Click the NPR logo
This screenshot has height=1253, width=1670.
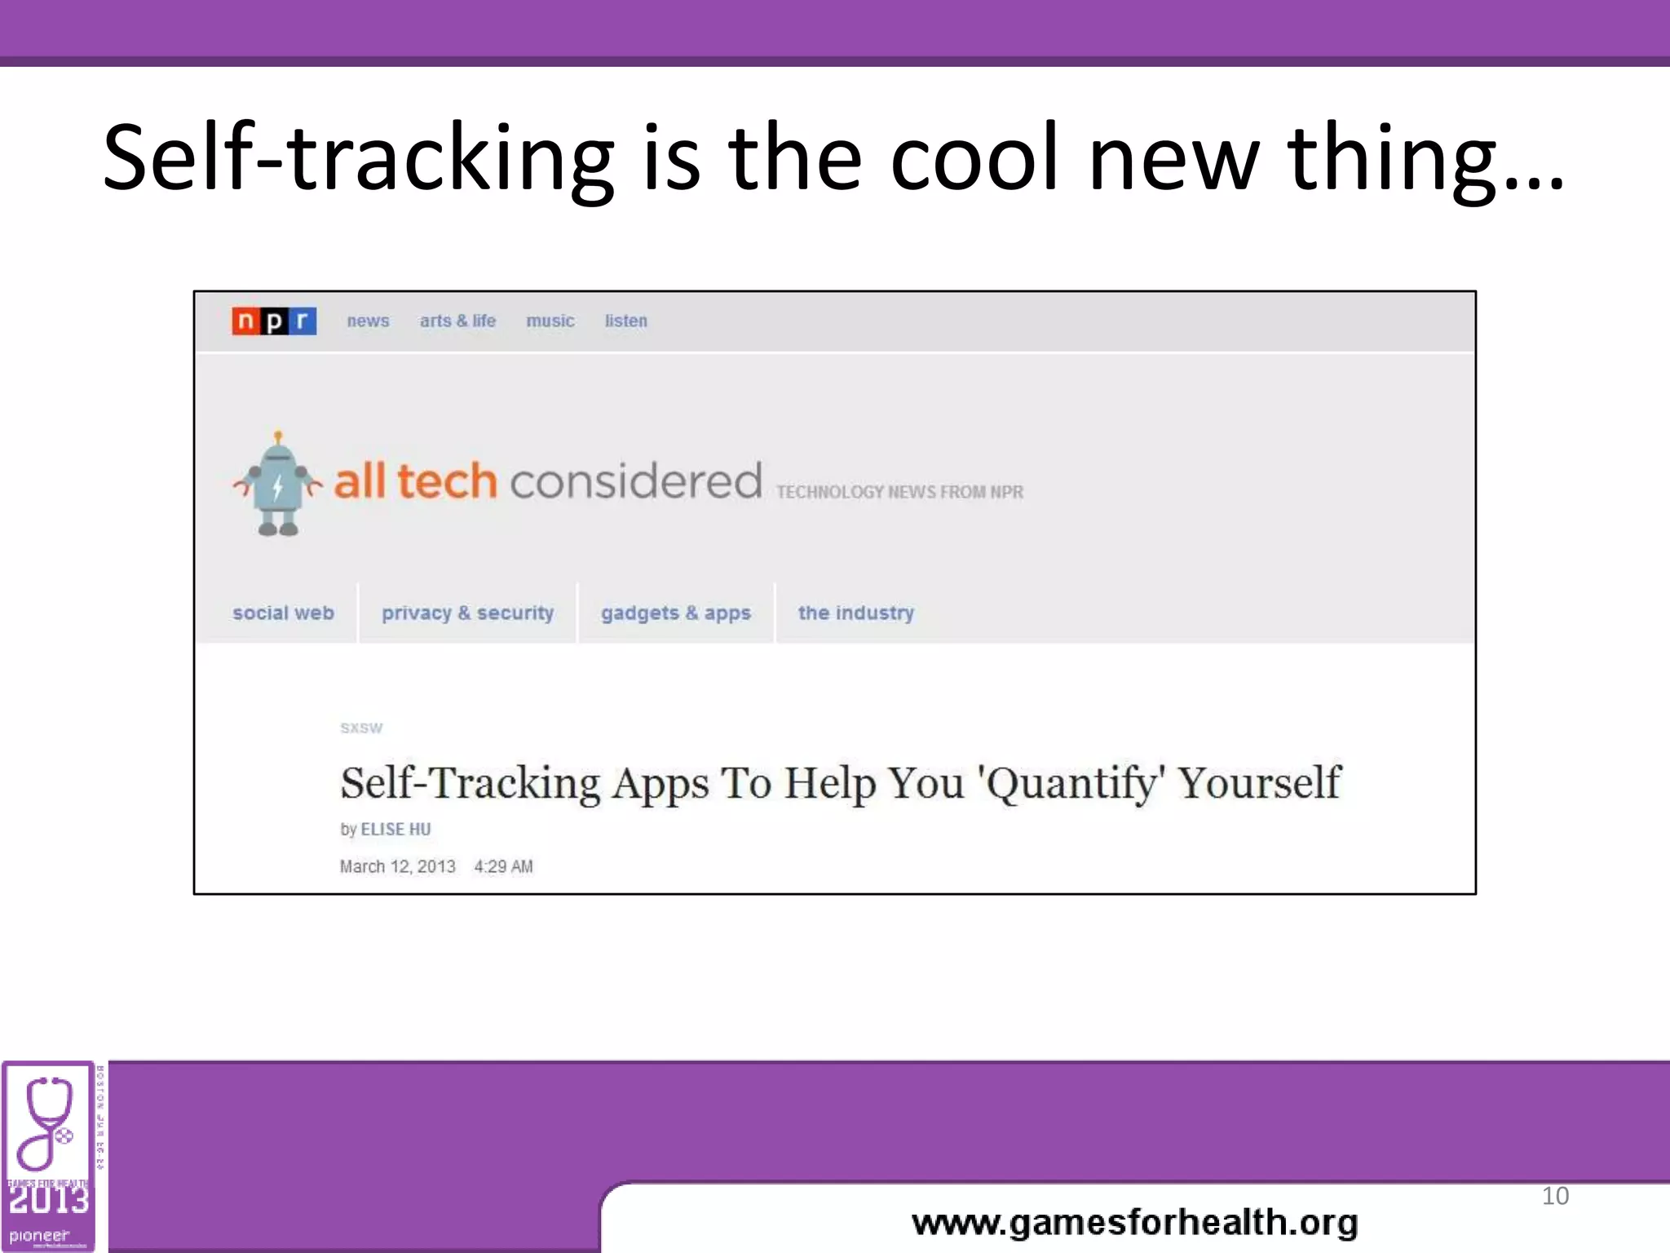coord(274,321)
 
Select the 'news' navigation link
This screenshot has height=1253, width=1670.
coord(368,321)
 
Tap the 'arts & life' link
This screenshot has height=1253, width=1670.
coord(457,321)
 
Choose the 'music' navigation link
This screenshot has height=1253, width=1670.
coord(550,321)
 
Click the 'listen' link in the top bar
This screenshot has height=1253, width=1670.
coord(626,321)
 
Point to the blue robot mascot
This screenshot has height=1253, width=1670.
coord(278,485)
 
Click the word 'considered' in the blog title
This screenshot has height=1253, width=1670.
coord(636,481)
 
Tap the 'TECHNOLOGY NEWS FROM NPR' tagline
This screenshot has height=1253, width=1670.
coord(899,492)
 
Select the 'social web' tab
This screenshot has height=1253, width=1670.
coord(283,613)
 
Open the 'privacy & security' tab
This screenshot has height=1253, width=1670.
coord(467,613)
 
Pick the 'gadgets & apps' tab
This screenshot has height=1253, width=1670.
coord(676,613)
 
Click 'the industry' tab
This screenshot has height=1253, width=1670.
coord(856,613)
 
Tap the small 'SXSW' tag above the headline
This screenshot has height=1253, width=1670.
coord(361,728)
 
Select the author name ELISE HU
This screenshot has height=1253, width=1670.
coord(395,829)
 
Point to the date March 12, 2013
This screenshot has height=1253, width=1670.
coord(397,866)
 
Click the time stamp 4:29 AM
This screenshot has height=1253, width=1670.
coord(503,866)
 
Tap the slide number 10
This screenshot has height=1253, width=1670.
coord(1555,1196)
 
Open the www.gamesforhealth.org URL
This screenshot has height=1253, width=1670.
coord(1135,1222)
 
